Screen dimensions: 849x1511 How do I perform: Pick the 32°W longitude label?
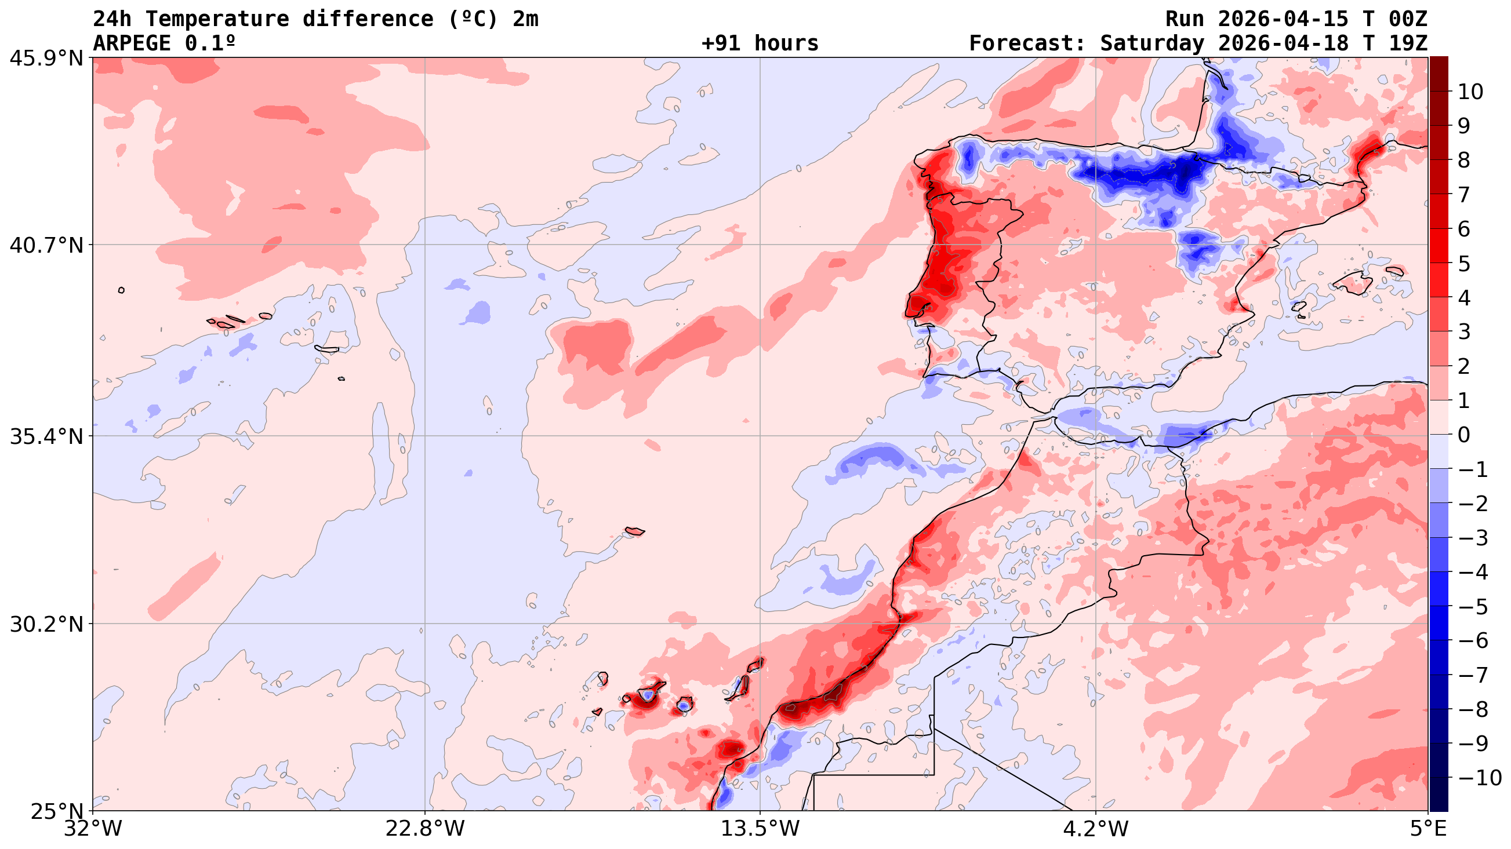point(93,829)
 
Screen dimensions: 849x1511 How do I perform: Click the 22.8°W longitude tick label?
point(424,829)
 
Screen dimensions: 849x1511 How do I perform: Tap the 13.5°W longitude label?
point(760,829)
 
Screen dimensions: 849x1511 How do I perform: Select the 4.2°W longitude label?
point(1096,829)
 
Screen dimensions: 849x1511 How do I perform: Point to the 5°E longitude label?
point(1428,829)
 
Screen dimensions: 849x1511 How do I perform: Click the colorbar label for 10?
point(1470,92)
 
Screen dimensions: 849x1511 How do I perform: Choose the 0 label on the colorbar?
point(1464,435)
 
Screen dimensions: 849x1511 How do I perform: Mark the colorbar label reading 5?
point(1464,263)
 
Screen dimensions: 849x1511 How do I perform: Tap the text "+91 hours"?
point(760,43)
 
